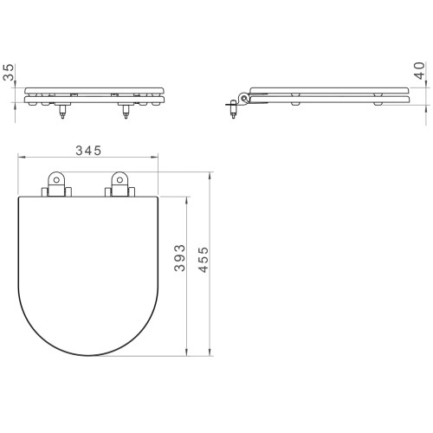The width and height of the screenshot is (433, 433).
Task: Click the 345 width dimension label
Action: click(88, 151)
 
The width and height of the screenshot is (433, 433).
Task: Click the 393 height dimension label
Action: click(179, 258)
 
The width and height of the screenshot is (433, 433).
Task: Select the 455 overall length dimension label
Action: click(204, 260)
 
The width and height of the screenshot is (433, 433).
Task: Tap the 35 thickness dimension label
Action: click(9, 72)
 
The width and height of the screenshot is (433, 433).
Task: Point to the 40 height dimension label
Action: click(419, 70)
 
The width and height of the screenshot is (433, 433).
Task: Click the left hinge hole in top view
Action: click(56, 180)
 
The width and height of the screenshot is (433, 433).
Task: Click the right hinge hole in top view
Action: click(120, 180)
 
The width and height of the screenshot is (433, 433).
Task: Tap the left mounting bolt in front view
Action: click(62, 112)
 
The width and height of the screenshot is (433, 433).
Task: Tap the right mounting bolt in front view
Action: click(126, 112)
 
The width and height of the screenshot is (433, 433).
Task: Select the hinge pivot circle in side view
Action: click(244, 98)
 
